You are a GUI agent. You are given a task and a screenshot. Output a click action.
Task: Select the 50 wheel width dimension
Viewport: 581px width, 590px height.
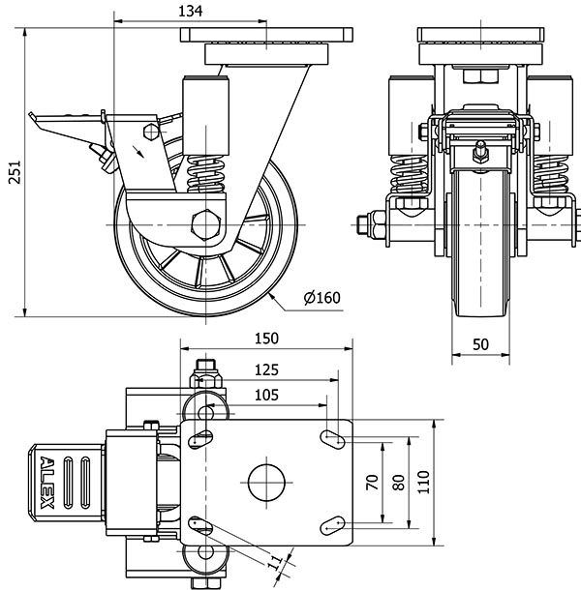coord(482,344)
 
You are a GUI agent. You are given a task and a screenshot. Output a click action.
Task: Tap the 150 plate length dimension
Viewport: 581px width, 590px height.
coord(266,339)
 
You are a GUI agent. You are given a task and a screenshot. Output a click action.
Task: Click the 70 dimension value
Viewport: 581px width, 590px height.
coord(371,481)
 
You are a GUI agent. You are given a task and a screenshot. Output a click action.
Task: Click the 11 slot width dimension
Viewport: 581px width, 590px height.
coord(274,563)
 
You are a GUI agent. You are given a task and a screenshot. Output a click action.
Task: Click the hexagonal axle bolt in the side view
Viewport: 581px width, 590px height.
coord(207,224)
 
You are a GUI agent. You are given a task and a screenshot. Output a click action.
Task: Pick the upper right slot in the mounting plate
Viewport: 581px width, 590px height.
coord(334,437)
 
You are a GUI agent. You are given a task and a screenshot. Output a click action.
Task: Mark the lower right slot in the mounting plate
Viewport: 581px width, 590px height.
coord(334,523)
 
